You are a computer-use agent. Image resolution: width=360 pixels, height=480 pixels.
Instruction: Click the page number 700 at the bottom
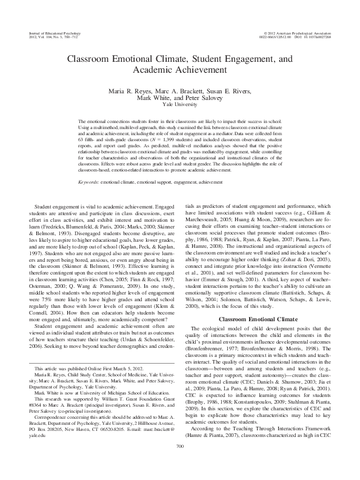[x=180, y=463]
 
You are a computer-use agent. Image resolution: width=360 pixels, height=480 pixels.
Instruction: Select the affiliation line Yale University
[x=180, y=105]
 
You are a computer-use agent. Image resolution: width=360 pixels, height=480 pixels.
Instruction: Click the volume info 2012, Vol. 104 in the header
[x=44, y=35]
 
